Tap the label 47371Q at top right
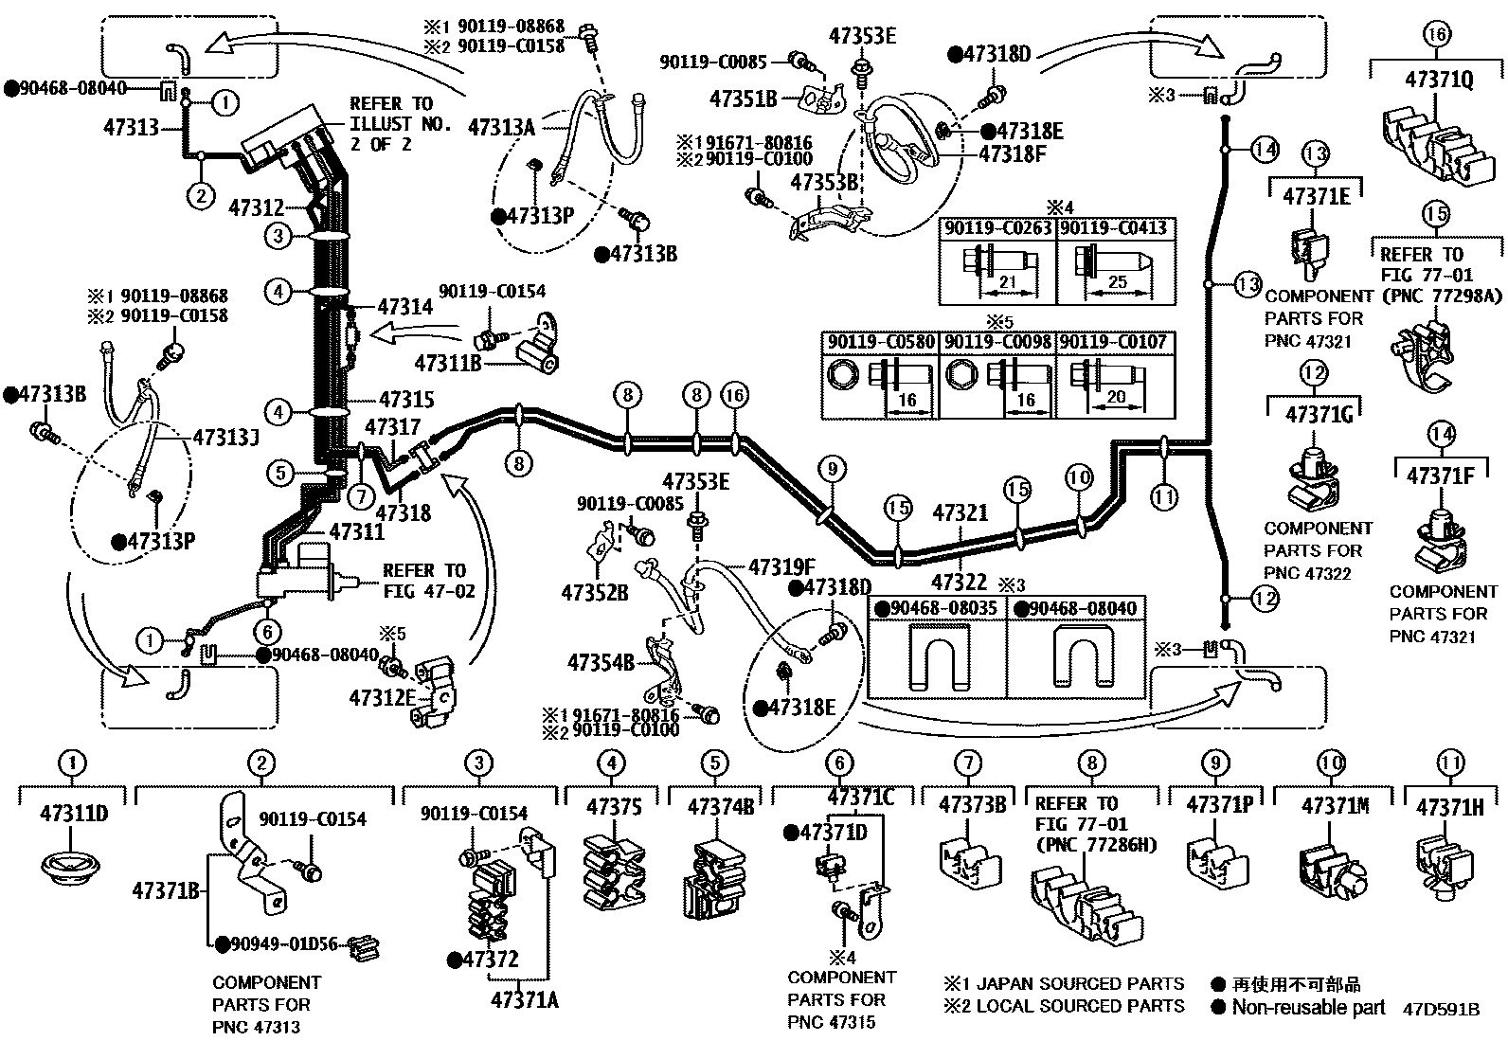pos(1437,81)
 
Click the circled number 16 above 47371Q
pos(1437,36)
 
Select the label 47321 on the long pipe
pos(960,512)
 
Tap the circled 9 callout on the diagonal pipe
pos(832,468)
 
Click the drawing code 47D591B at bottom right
pos(1441,1010)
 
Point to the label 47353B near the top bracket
pos(824,182)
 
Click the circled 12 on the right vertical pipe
pos(1266,599)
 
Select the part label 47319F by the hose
pos(781,567)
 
